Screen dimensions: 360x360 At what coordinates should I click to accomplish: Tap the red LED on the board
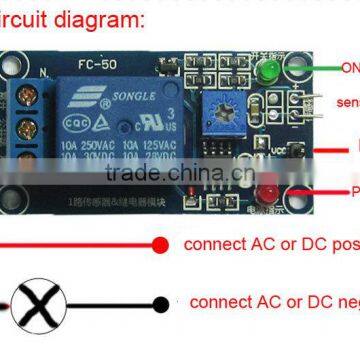[268, 190]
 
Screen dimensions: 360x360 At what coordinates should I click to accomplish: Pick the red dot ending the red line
[158, 244]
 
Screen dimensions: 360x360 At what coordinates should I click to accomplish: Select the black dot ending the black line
[158, 303]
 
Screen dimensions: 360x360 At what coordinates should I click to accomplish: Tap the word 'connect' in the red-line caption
[215, 244]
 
